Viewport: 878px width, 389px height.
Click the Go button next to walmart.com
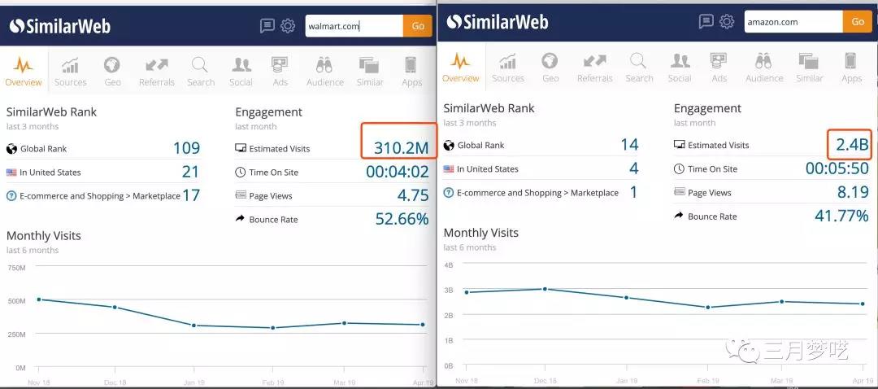coord(417,26)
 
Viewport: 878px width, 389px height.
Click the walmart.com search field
coord(353,26)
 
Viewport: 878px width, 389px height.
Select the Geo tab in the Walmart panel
coord(112,71)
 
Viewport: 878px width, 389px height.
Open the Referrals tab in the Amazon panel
coord(594,68)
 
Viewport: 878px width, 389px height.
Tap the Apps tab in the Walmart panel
coord(411,71)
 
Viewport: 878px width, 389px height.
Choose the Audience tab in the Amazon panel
coord(763,68)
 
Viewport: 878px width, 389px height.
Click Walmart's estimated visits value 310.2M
coord(401,148)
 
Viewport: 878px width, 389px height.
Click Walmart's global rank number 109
coord(186,148)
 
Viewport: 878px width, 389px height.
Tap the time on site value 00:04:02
coord(397,172)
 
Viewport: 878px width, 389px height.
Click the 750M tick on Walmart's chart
coord(16,267)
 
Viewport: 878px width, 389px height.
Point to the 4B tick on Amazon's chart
coord(448,265)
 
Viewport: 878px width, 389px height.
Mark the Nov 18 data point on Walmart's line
coord(39,299)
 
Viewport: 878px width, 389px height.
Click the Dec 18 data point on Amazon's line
coord(545,289)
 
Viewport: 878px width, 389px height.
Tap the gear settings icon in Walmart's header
coord(288,26)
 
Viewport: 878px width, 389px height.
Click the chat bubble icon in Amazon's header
coord(706,22)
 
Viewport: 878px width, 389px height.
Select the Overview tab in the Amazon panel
coord(461,68)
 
